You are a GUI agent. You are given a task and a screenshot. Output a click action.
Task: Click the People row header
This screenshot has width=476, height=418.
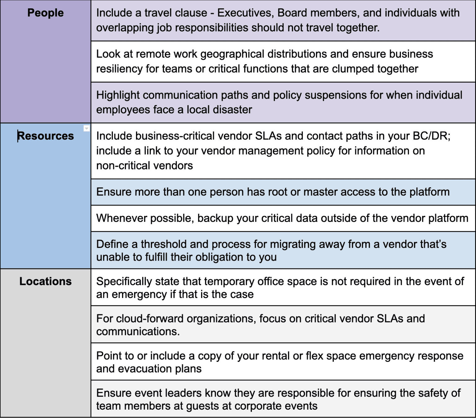click(46, 13)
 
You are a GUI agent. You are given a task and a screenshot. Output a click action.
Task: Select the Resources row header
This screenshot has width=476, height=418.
click(46, 136)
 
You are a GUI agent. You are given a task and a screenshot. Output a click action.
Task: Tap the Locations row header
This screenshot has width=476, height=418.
click(46, 281)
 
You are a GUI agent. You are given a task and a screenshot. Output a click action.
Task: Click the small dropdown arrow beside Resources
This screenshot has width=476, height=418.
click(87, 128)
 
